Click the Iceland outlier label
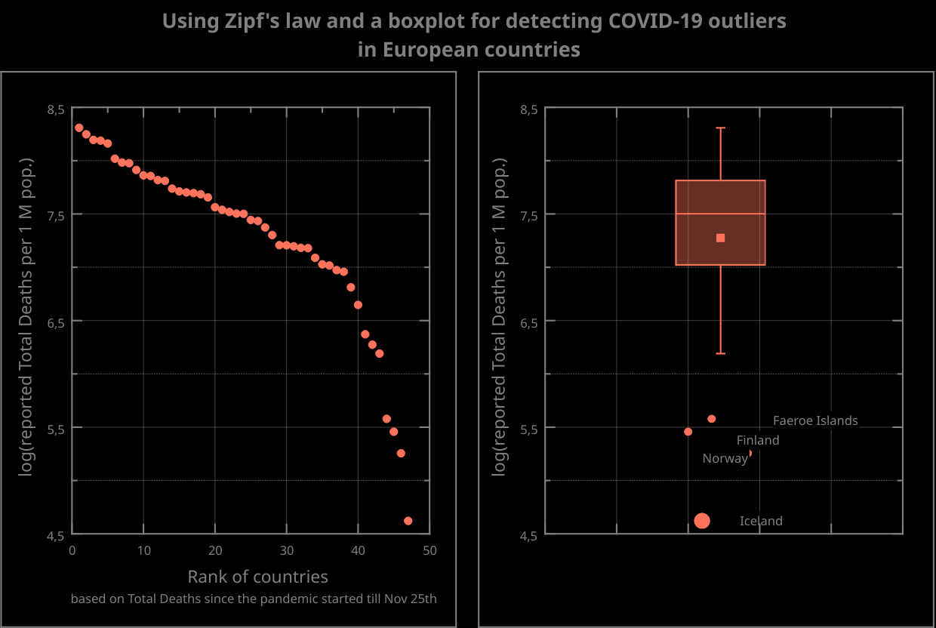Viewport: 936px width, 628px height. pyautogui.click(x=761, y=521)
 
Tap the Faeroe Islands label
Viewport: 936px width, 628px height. pyautogui.click(x=815, y=420)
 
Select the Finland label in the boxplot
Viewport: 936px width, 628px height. pyautogui.click(x=758, y=440)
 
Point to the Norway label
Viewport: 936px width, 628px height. pyautogui.click(x=725, y=458)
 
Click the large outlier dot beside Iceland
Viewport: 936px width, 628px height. pyautogui.click(x=702, y=521)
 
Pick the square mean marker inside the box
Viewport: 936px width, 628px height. pyautogui.click(x=721, y=238)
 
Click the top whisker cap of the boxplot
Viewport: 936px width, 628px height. pyautogui.click(x=721, y=128)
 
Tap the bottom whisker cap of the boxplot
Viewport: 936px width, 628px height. pyautogui.click(x=721, y=353)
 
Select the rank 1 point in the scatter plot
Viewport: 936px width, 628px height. pyautogui.click(x=79, y=128)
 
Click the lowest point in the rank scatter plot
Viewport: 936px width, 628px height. pyautogui.click(x=408, y=521)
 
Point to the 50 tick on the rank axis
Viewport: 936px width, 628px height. pyautogui.click(x=430, y=551)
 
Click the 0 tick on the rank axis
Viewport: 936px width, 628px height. pyautogui.click(x=72, y=551)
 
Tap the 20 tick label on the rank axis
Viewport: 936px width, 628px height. pyautogui.click(x=215, y=551)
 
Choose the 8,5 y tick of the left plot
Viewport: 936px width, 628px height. pyautogui.click(x=57, y=109)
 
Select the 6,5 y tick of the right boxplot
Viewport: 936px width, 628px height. pyautogui.click(x=529, y=322)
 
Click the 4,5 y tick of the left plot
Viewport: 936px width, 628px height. pyautogui.click(x=57, y=535)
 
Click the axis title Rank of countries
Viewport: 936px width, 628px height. pyautogui.click(x=257, y=577)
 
